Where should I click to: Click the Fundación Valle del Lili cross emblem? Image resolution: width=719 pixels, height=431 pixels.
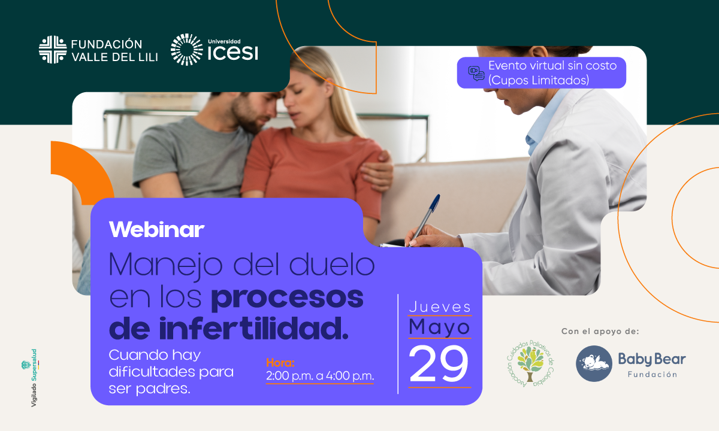pyautogui.click(x=53, y=49)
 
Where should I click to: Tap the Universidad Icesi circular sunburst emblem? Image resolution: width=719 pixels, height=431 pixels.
pyautogui.click(x=187, y=50)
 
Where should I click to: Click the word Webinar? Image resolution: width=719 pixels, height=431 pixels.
pyautogui.click(x=156, y=230)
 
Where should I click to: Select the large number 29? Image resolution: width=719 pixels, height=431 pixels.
pyautogui.click(x=439, y=364)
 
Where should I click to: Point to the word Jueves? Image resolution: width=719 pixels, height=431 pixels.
pyautogui.click(x=440, y=307)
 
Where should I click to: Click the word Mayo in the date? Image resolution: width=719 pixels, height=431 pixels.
pyautogui.click(x=439, y=327)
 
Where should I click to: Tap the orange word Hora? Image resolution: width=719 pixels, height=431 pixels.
pyautogui.click(x=280, y=363)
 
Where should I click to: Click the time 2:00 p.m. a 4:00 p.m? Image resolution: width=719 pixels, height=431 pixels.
pyautogui.click(x=320, y=376)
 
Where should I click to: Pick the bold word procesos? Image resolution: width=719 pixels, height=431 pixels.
pyautogui.click(x=287, y=298)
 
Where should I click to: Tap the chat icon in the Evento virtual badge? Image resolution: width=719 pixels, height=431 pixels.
pyautogui.click(x=476, y=74)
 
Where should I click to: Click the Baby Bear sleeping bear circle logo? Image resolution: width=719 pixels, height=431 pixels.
pyautogui.click(x=594, y=363)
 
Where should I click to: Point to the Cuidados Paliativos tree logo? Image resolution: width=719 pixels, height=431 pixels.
pyautogui.click(x=530, y=363)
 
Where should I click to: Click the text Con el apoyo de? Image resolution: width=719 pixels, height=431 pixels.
pyautogui.click(x=600, y=331)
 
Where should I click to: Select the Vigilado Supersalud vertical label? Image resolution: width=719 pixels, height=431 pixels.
pyautogui.click(x=33, y=378)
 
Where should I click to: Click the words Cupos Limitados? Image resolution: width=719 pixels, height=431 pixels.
pyautogui.click(x=539, y=80)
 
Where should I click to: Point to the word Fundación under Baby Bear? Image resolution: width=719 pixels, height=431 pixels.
pyautogui.click(x=652, y=374)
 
